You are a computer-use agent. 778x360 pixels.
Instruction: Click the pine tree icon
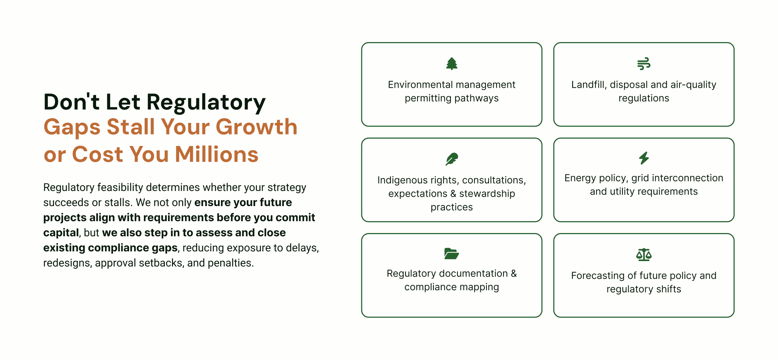[452, 64]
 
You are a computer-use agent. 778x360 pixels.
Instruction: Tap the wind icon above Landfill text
[643, 64]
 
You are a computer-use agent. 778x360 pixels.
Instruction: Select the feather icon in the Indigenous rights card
[452, 159]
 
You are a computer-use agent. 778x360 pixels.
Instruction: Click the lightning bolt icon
[644, 158]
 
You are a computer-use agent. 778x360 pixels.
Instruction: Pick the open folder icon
[452, 254]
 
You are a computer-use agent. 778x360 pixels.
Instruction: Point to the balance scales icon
[644, 255]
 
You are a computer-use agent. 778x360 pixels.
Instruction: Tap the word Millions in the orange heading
[217, 154]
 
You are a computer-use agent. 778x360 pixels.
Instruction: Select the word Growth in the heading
[257, 127]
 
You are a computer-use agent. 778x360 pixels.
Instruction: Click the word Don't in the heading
[71, 102]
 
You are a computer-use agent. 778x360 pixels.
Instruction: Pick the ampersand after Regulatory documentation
[514, 273]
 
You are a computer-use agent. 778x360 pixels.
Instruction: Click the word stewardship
[487, 194]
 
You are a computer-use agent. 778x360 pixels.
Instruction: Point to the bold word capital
[61, 233]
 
